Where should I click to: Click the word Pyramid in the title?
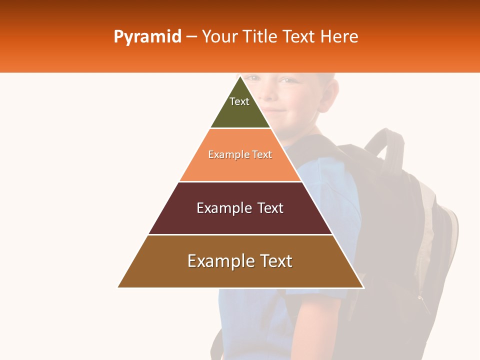click(x=147, y=37)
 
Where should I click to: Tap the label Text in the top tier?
click(x=239, y=101)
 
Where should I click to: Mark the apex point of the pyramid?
click(x=240, y=76)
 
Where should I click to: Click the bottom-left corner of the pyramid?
click(x=118, y=287)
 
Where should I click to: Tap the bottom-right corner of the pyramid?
click(x=363, y=287)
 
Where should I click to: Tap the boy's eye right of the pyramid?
click(x=287, y=80)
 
